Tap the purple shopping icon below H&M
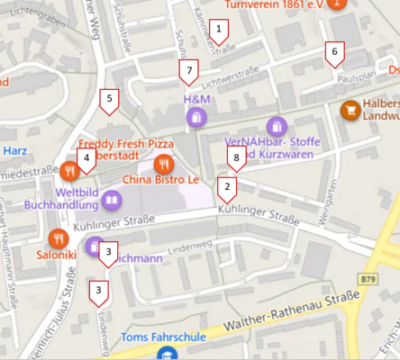coord(195,117)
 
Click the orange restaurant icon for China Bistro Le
coord(163,163)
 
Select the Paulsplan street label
coord(356,78)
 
